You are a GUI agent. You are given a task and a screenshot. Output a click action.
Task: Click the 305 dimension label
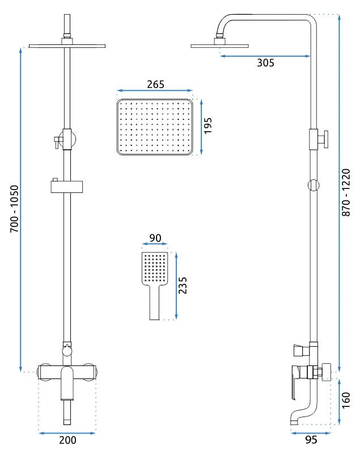click(265, 63)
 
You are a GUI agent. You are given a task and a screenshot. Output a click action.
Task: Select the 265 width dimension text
click(155, 84)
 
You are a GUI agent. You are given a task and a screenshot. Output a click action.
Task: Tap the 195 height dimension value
click(207, 126)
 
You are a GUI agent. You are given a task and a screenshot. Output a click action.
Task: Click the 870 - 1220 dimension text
click(346, 192)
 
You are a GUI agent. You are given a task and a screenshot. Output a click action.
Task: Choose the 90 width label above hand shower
click(155, 238)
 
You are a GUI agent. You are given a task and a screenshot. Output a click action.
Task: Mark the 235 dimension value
click(183, 285)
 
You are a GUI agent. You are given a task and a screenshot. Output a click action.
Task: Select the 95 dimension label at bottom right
click(311, 439)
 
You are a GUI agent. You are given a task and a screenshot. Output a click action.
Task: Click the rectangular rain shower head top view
click(155, 127)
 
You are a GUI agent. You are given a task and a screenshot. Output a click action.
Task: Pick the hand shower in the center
click(154, 281)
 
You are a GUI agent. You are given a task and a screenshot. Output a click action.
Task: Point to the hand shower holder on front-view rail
click(67, 186)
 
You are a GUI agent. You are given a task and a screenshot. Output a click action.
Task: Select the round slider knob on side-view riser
click(312, 184)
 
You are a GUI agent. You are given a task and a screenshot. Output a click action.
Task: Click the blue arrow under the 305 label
click(265, 56)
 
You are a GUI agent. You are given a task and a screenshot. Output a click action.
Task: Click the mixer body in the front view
click(67, 372)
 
